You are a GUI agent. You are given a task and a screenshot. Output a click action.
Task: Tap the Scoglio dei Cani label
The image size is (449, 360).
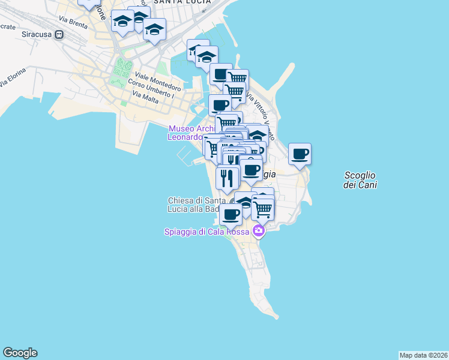coord(360,180)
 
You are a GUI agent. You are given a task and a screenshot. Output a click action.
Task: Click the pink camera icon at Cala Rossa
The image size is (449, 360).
coord(259,230)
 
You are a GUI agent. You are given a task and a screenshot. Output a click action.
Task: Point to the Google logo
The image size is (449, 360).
coord(20,353)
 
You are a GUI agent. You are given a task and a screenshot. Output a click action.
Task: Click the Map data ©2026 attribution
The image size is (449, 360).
coord(423,355)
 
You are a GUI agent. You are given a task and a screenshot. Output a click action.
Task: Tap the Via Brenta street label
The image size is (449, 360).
coord(73,22)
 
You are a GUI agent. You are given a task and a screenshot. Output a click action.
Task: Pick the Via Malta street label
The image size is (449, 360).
coord(145,97)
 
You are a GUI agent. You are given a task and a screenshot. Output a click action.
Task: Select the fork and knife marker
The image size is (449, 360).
coord(227,178)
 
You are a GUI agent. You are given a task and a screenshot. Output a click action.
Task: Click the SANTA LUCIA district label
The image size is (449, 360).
coord(182,2)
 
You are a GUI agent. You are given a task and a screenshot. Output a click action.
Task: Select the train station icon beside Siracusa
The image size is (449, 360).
coord(59,34)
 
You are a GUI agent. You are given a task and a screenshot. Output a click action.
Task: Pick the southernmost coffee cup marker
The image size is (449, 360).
coord(230,214)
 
